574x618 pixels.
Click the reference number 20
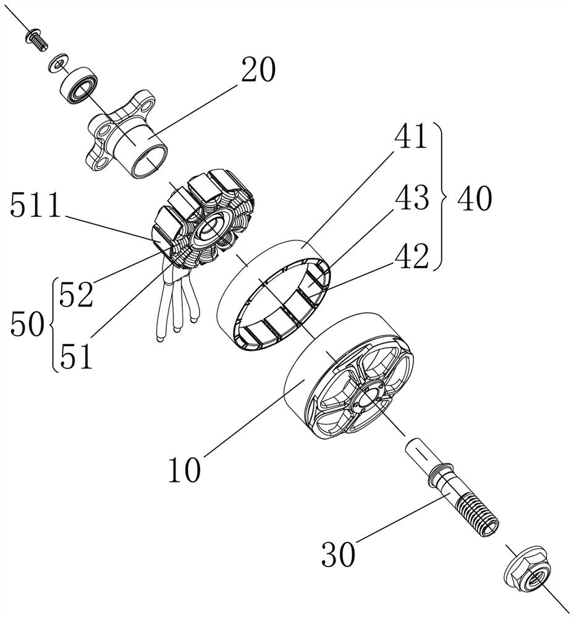pyautogui.click(x=258, y=71)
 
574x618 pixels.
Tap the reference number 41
pyautogui.click(x=410, y=137)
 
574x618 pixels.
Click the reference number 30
pyautogui.click(x=338, y=554)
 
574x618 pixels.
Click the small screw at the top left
pyautogui.click(x=35, y=40)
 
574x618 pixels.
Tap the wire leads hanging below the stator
pyautogui.click(x=176, y=303)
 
